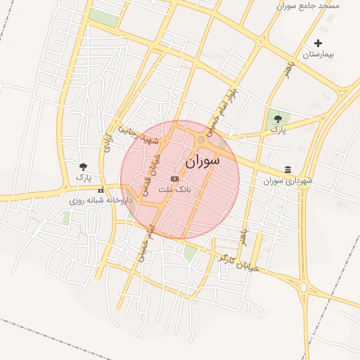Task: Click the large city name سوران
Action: pos(202,161)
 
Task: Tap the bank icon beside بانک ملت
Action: pos(174,179)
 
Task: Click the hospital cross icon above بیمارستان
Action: pos(319,43)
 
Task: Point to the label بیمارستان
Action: pos(321,54)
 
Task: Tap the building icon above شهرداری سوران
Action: pos(288,169)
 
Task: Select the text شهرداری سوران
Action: pos(288,181)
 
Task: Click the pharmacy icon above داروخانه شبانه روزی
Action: pos(101,189)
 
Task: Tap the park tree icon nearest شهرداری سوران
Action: pos(276,119)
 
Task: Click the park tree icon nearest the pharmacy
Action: pos(84,167)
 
